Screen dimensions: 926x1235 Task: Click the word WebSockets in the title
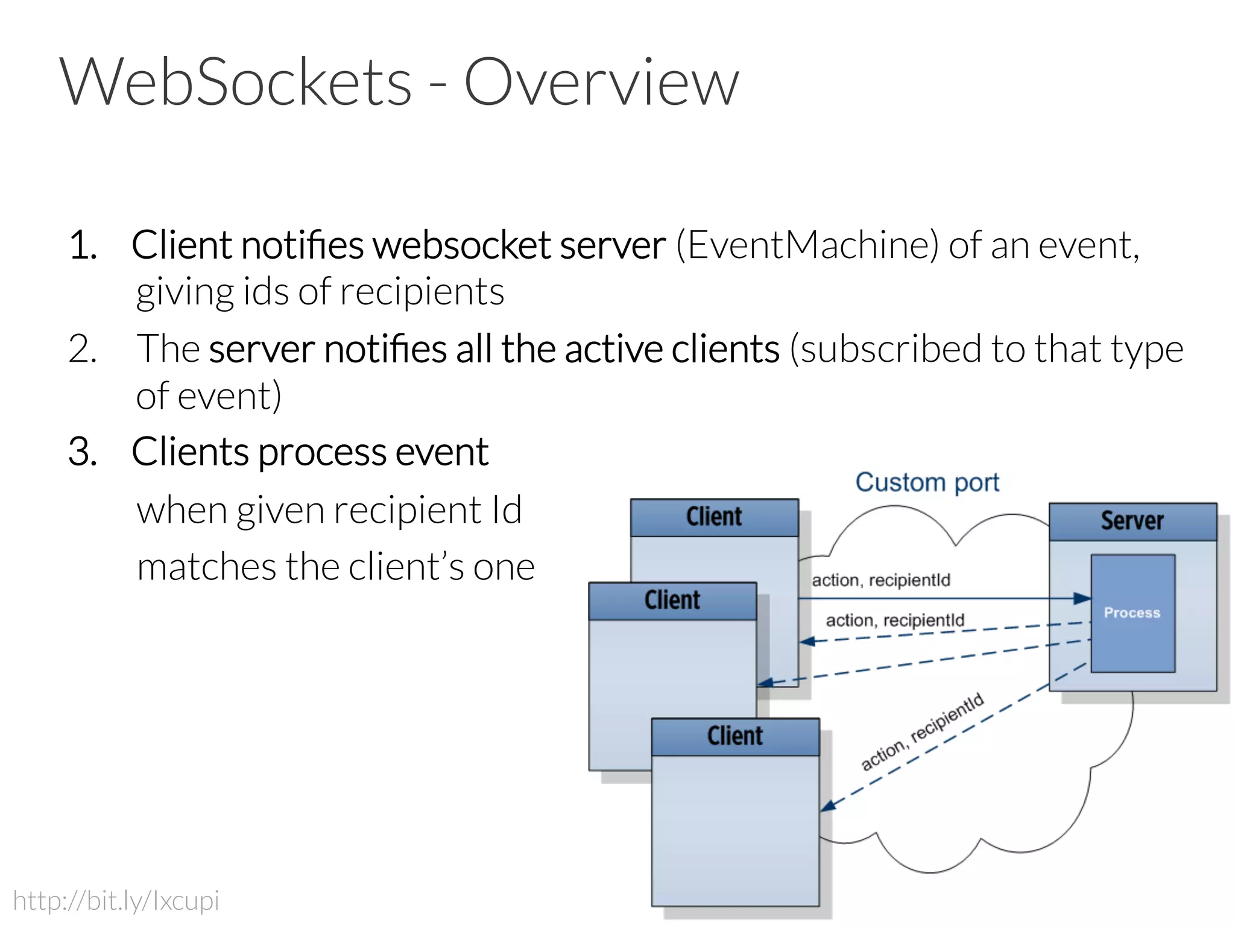pos(235,82)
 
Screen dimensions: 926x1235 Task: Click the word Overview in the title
pos(601,82)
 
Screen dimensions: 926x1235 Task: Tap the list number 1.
pos(83,245)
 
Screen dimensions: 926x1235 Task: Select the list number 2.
pos(83,349)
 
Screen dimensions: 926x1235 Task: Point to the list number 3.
pos(83,452)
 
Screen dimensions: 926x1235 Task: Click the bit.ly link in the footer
pos(116,901)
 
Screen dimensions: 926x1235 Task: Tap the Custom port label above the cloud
pos(927,482)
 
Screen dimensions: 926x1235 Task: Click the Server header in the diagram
pos(1132,521)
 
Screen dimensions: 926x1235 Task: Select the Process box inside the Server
pos(1132,613)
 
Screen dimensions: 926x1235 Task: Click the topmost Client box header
pos(714,517)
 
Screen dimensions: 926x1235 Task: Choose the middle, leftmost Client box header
pos(672,600)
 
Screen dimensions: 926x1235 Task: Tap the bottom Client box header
pos(734,736)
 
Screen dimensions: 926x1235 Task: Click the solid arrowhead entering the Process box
pos(1082,599)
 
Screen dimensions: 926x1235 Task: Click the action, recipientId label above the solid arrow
pos(880,580)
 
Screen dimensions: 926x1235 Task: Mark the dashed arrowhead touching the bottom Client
pos(828,806)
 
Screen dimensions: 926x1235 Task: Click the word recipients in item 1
pos(422,292)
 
